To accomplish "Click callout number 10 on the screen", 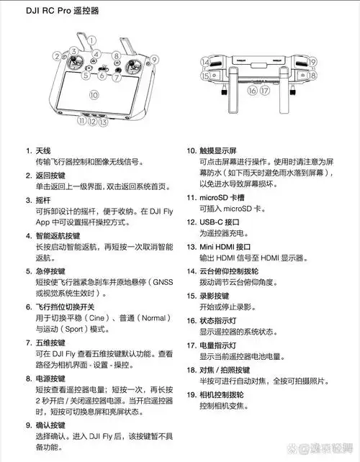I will (93, 94).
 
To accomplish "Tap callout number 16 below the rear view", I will (252, 91).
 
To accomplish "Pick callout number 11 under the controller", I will (82, 122).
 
